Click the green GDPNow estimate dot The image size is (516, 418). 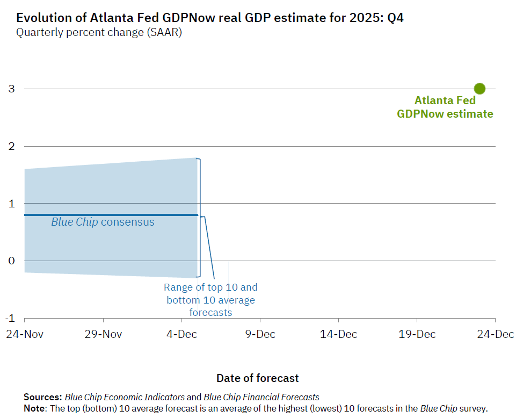479,89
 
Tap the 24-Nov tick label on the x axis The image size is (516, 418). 24,334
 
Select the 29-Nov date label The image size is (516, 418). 103,334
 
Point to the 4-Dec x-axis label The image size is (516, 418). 181,334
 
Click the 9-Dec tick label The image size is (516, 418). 260,334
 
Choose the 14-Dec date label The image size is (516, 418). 339,334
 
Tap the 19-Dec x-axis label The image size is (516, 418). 418,334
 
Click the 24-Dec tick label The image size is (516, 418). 496,334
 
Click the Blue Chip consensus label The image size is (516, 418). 103,222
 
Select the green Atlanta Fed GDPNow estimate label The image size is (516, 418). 445,107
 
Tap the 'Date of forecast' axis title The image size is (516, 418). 258,378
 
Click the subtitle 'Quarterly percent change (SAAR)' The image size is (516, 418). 99,32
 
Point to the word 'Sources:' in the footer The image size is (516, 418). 43,398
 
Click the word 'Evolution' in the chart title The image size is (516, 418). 45,18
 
